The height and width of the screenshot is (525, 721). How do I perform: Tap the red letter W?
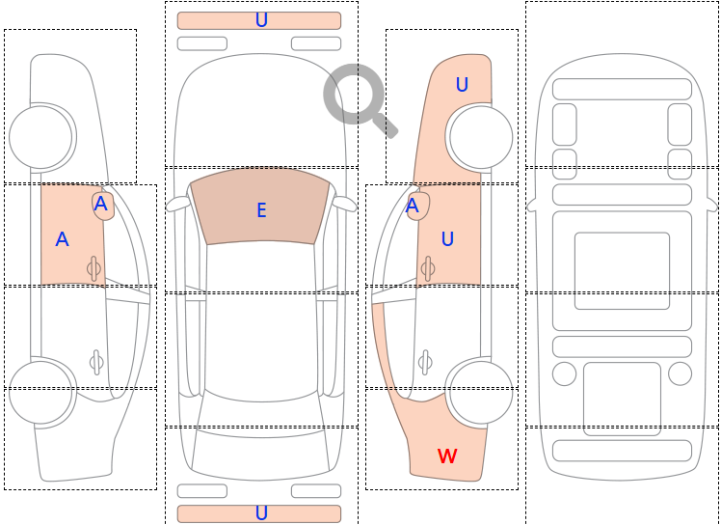(x=447, y=456)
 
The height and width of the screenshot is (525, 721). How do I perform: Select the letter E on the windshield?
(x=261, y=209)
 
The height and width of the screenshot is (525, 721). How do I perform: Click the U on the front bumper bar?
(x=261, y=20)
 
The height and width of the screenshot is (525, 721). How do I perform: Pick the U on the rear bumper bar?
(x=261, y=513)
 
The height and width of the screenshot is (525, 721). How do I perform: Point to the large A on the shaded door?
(x=62, y=239)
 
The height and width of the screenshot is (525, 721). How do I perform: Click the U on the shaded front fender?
(x=462, y=85)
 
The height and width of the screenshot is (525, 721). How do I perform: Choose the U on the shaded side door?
(x=447, y=238)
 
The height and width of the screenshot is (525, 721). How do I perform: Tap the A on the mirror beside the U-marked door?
(x=413, y=206)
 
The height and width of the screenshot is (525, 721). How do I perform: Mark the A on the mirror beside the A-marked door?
(x=101, y=204)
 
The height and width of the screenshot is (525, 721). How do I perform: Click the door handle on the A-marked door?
(x=94, y=268)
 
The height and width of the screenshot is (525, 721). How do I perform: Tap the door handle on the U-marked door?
(x=427, y=268)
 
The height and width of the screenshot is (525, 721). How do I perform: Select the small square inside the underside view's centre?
(x=622, y=270)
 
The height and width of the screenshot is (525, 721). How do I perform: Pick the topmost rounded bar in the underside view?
(x=622, y=89)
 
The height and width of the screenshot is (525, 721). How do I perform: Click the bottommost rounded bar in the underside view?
(x=622, y=451)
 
